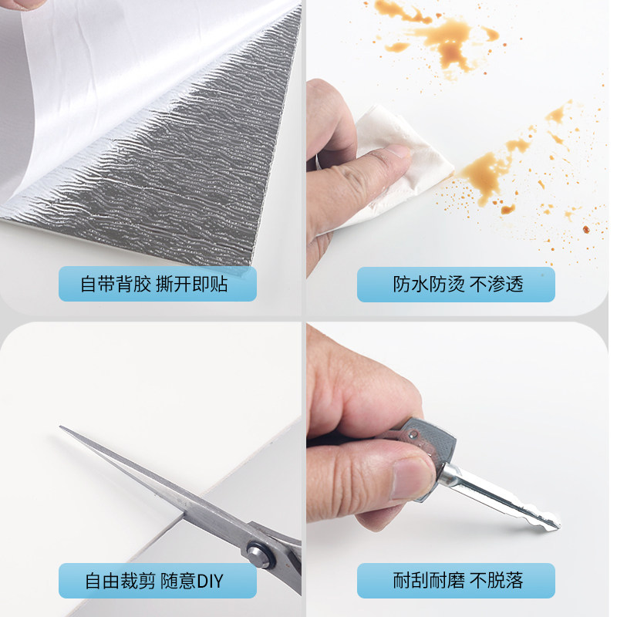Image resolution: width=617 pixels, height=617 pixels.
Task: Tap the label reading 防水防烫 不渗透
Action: [x=456, y=284]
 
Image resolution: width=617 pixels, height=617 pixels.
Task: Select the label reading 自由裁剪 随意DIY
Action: [x=157, y=581]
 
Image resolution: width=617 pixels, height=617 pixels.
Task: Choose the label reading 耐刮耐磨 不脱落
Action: [x=456, y=581]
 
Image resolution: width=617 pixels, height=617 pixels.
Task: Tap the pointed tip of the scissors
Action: [x=62, y=429]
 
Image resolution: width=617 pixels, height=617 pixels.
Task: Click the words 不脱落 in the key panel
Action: [x=497, y=581]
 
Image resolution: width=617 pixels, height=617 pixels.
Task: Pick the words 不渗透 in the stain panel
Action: [x=497, y=284]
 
